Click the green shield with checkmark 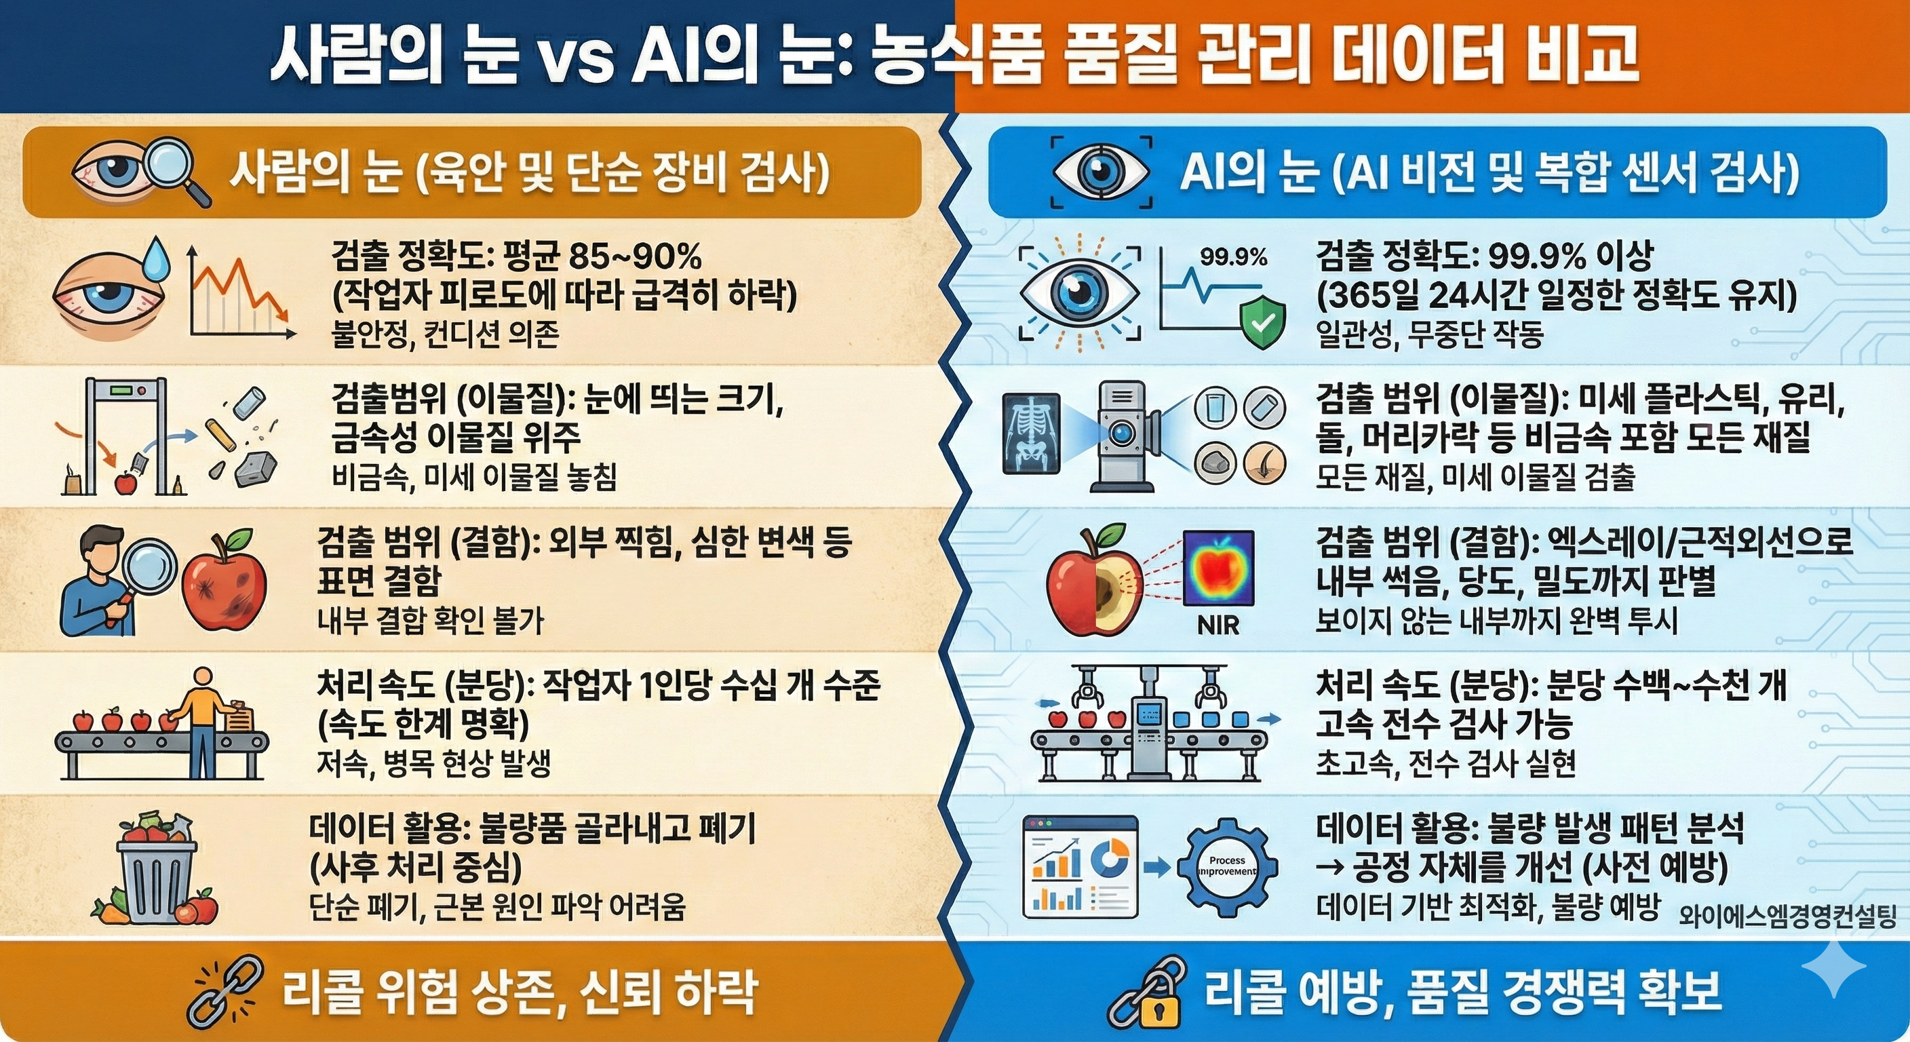click(x=1263, y=321)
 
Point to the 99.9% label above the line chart click(x=1233, y=257)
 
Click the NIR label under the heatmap click(x=1217, y=625)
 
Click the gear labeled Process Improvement click(x=1227, y=866)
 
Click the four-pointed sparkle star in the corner click(x=1833, y=968)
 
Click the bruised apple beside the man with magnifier click(x=224, y=581)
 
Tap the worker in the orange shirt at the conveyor click(x=201, y=716)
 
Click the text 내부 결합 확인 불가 click(x=430, y=621)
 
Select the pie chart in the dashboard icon click(x=1109, y=858)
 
